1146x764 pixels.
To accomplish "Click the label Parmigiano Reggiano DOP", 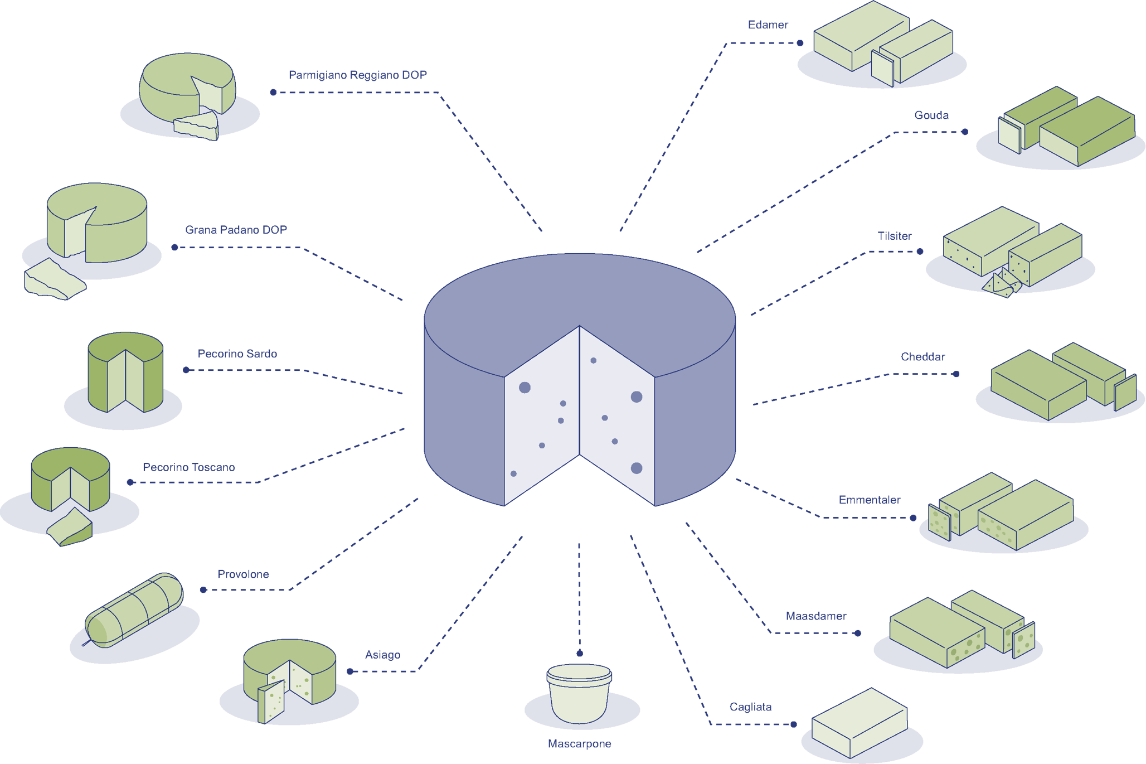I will click(x=357, y=75).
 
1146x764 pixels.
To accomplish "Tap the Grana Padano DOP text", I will click(x=236, y=230).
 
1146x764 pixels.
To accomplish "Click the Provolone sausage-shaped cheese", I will click(x=134, y=611).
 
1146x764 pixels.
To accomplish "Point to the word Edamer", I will click(x=768, y=25).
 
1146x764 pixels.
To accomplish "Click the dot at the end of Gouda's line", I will click(x=964, y=132).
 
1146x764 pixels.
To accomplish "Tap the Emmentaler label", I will click(x=869, y=500).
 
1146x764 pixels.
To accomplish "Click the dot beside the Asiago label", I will click(x=350, y=671).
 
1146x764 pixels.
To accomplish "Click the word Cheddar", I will click(x=922, y=357).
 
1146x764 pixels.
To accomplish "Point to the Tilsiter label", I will click(x=894, y=236).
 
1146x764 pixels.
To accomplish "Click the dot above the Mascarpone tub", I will click(x=580, y=653).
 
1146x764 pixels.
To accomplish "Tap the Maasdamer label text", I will click(x=815, y=616).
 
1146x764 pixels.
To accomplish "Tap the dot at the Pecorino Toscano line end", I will click(x=130, y=482).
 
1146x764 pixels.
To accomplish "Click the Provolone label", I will click(x=243, y=574).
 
